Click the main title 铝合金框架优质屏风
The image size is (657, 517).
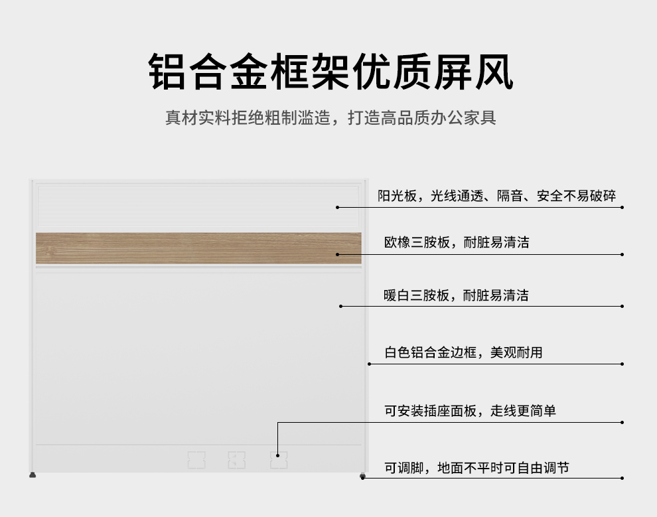pos(330,72)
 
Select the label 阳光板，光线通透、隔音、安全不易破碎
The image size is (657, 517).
pos(496,196)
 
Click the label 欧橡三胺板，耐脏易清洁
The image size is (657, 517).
pos(457,243)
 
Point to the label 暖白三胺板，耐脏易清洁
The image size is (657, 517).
pos(457,295)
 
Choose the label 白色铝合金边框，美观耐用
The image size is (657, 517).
pos(463,352)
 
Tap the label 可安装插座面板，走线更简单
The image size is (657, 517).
pos(470,411)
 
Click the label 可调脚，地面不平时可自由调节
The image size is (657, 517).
pos(476,469)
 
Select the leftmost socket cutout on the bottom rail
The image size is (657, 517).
pos(196,459)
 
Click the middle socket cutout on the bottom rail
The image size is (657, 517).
pos(237,459)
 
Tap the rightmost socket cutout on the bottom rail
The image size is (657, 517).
pos(279,459)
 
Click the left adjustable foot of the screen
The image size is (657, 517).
pos(33,475)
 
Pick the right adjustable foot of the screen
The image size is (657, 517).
pos(362,476)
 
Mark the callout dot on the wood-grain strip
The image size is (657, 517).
pos(338,254)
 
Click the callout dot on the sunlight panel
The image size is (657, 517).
pos(337,207)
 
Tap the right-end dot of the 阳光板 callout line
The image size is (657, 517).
pos(622,207)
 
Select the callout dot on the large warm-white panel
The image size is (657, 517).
pos(340,306)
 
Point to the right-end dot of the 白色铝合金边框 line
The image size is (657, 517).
pos(622,364)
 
